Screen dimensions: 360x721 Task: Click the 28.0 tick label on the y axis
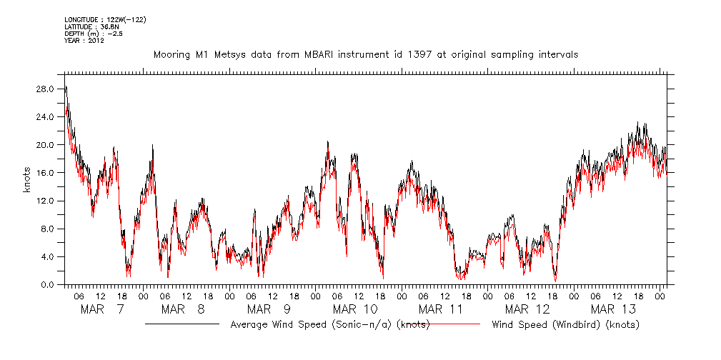coord(46,89)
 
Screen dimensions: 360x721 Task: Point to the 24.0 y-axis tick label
coord(46,116)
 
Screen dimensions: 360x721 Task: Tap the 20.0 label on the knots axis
coord(46,144)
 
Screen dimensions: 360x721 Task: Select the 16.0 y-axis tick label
coord(46,172)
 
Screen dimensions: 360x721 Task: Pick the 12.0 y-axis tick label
coord(46,201)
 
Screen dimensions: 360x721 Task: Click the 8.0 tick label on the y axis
coord(48,229)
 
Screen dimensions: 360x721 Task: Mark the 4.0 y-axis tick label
coord(48,256)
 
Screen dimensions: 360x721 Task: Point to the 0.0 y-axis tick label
coord(48,284)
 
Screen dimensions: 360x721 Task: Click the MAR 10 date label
coord(356,309)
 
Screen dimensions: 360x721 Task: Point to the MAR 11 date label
coord(442,309)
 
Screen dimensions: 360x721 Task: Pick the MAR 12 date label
coord(527,309)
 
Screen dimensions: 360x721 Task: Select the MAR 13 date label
coord(613,309)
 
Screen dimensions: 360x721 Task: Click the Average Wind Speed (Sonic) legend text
coord(330,325)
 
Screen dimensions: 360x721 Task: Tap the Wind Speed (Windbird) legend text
coord(565,325)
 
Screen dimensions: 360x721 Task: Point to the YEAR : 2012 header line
coord(84,41)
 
